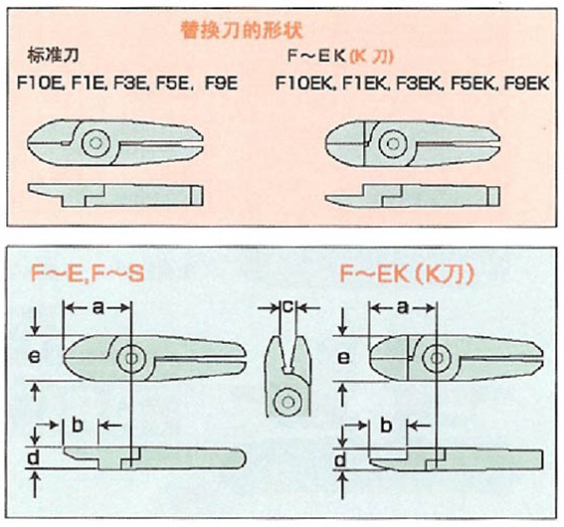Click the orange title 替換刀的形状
click(242, 30)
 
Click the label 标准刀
click(53, 56)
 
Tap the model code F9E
click(221, 84)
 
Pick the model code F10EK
click(305, 84)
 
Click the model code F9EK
click(526, 84)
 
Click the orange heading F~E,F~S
click(88, 273)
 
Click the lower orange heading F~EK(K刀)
click(407, 273)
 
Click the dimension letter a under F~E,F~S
click(98, 307)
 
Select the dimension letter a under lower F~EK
click(403, 307)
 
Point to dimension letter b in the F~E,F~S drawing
click(78, 425)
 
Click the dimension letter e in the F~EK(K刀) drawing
click(344, 357)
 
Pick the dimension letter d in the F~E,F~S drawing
click(34, 457)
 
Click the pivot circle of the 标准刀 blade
click(95, 143)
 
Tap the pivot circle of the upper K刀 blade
click(393, 143)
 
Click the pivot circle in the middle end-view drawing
click(287, 403)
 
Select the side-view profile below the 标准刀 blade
click(115, 195)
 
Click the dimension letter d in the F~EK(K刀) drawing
click(340, 459)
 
